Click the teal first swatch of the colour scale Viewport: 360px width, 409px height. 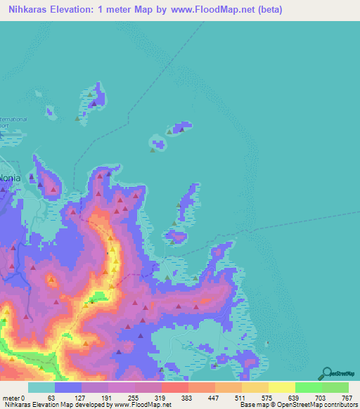point(41,388)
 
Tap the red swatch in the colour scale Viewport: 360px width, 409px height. point(174,388)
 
